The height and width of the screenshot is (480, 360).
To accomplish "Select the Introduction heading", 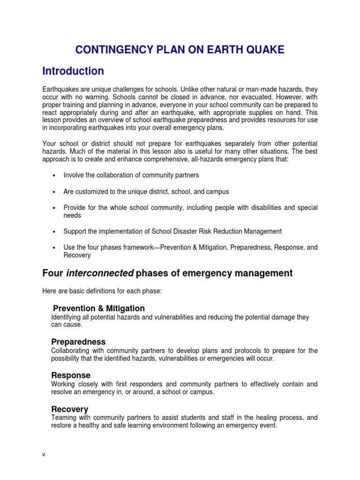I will point(73,71).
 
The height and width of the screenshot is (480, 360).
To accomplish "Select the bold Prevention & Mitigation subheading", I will point(99,308).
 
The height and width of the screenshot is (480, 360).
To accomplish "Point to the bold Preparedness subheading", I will point(78,342).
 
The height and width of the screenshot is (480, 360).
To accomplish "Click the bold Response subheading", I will point(71,375).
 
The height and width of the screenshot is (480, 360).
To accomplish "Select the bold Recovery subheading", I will point(70,409).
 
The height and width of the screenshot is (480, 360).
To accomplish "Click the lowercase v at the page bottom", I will point(43,455).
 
